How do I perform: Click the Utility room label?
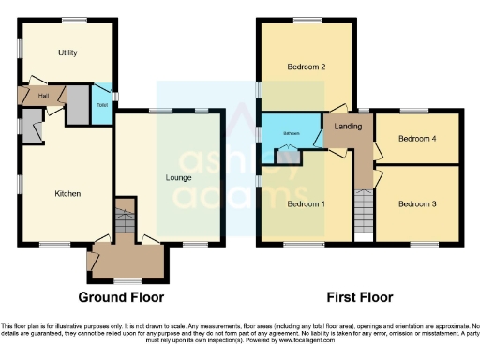coord(67,52)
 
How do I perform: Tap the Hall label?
coord(43,95)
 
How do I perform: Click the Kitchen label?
coord(67,194)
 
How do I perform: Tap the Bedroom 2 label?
coord(306,67)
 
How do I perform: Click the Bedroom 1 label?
coord(305,203)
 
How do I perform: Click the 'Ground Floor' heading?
coord(121,297)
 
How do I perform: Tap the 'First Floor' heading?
coord(359,297)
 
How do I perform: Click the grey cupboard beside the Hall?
coord(77,102)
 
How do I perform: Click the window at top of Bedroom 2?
coord(307,20)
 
